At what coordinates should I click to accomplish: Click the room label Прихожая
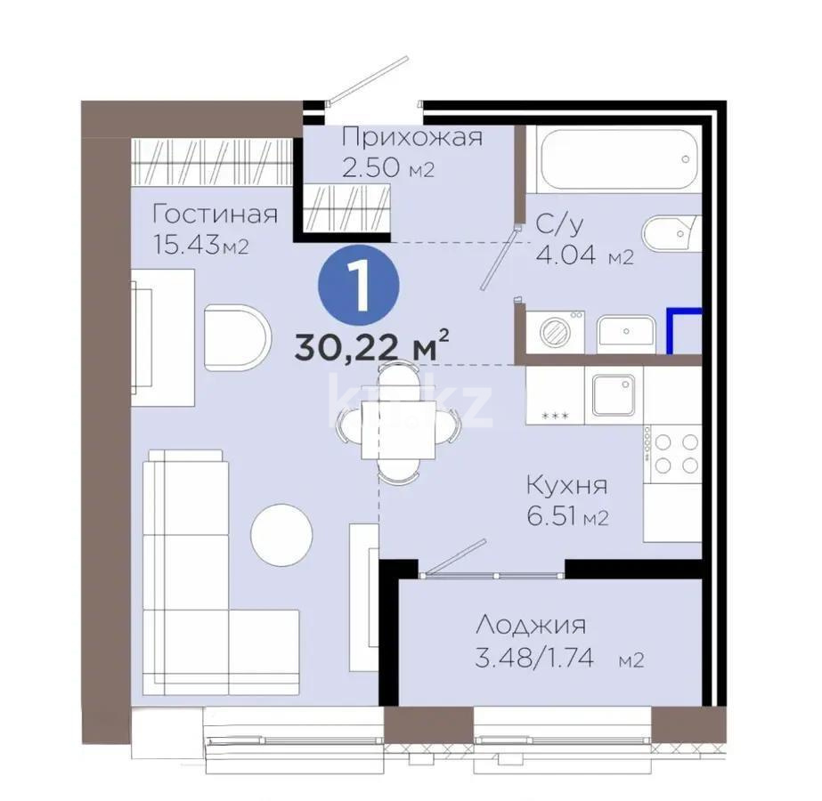point(411,137)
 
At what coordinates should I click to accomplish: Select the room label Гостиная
point(214,214)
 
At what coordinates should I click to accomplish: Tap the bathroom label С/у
point(560,225)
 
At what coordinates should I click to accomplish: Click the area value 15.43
point(187,245)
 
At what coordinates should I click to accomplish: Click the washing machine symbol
point(556,331)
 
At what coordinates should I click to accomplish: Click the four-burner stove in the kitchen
point(675,451)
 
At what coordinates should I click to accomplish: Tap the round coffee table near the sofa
point(281,534)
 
